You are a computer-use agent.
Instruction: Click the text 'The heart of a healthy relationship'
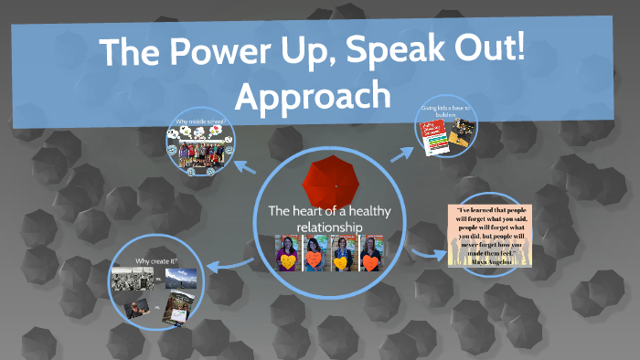click(x=315, y=218)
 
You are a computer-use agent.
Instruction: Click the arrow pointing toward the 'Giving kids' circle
click(x=401, y=153)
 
